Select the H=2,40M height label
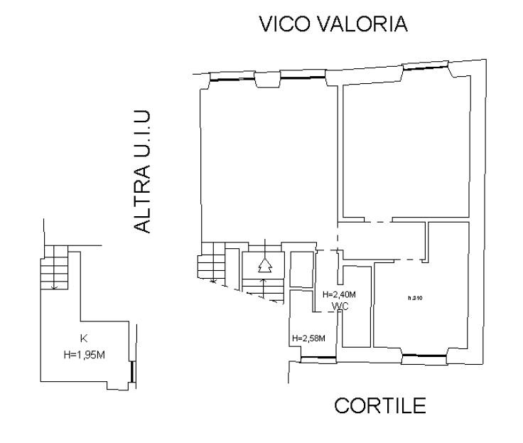[339, 295]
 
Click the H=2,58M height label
[308, 338]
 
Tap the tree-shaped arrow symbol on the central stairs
[264, 265]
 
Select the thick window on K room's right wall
[131, 370]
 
